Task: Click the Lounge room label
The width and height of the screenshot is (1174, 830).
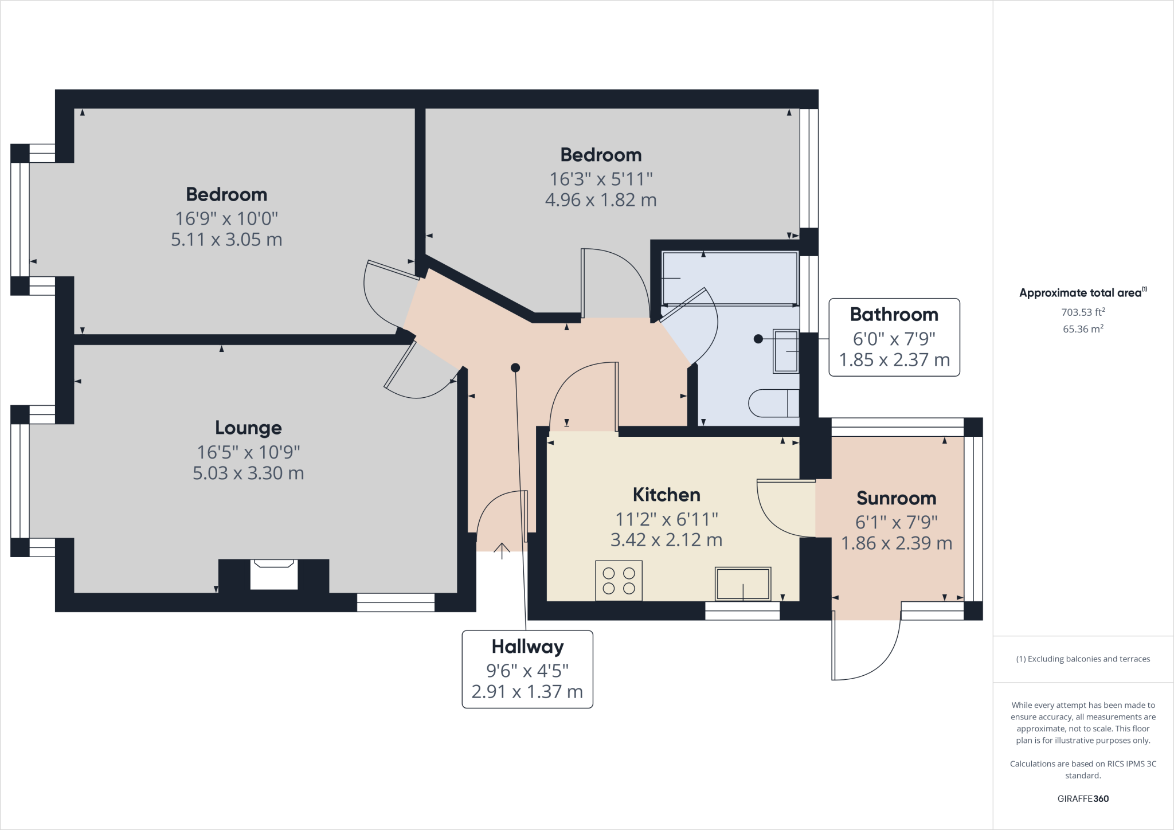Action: point(248,428)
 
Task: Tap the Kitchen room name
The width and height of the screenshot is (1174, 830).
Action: point(666,495)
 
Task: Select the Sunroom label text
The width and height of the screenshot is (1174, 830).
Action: point(896,498)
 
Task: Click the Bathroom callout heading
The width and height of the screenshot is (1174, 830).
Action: point(894,314)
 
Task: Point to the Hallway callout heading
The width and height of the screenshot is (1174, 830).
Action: point(527,647)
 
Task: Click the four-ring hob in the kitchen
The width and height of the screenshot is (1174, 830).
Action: point(619,581)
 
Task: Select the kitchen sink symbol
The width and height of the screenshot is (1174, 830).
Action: point(742,584)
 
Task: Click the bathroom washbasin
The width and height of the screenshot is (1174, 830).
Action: point(786,351)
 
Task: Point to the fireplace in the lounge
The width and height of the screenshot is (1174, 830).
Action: point(274,574)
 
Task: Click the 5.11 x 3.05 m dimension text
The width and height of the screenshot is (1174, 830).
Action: point(226,239)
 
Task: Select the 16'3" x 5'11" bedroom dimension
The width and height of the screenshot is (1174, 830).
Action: point(601,179)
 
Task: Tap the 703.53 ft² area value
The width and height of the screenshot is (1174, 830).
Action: point(1083,312)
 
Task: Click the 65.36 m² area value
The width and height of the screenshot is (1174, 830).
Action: point(1083,329)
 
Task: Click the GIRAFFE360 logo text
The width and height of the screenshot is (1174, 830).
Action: point(1083,798)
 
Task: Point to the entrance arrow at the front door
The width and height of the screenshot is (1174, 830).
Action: point(502,550)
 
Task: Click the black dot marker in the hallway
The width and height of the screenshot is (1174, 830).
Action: point(515,368)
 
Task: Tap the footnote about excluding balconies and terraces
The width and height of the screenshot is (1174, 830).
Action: point(1083,659)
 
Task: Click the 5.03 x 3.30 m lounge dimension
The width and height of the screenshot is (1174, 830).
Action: point(248,473)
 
